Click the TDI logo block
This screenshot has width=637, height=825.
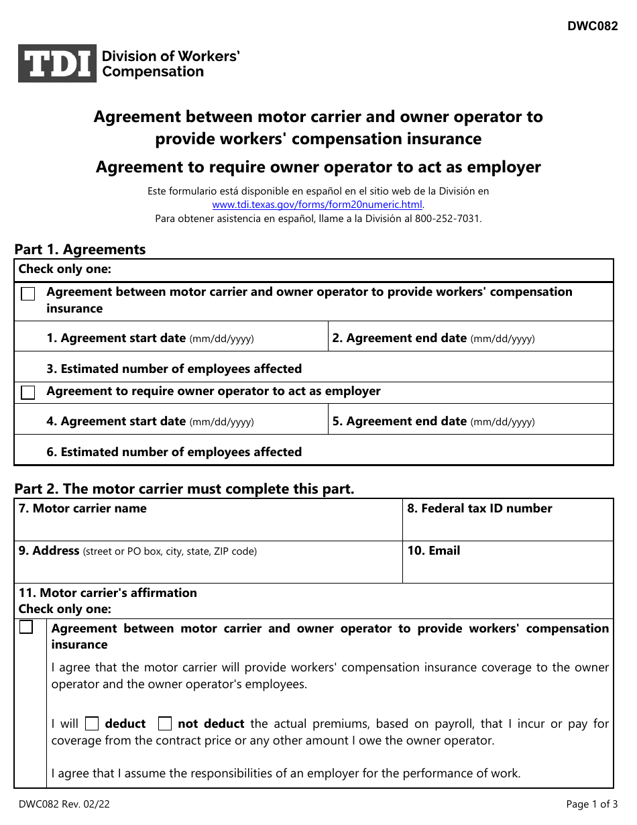pos(57,64)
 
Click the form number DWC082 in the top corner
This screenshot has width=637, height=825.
pos(592,27)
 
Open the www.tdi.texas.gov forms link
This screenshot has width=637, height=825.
pos(317,205)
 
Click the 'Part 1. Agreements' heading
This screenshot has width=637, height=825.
pos(80,250)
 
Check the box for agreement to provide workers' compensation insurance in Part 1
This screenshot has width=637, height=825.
pos(28,294)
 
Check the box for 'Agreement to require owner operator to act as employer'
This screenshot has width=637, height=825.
pos(28,393)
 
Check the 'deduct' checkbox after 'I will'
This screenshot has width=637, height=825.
pos(93,724)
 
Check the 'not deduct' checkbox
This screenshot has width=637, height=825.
pos(165,724)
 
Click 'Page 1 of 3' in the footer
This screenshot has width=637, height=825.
pos(591,804)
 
